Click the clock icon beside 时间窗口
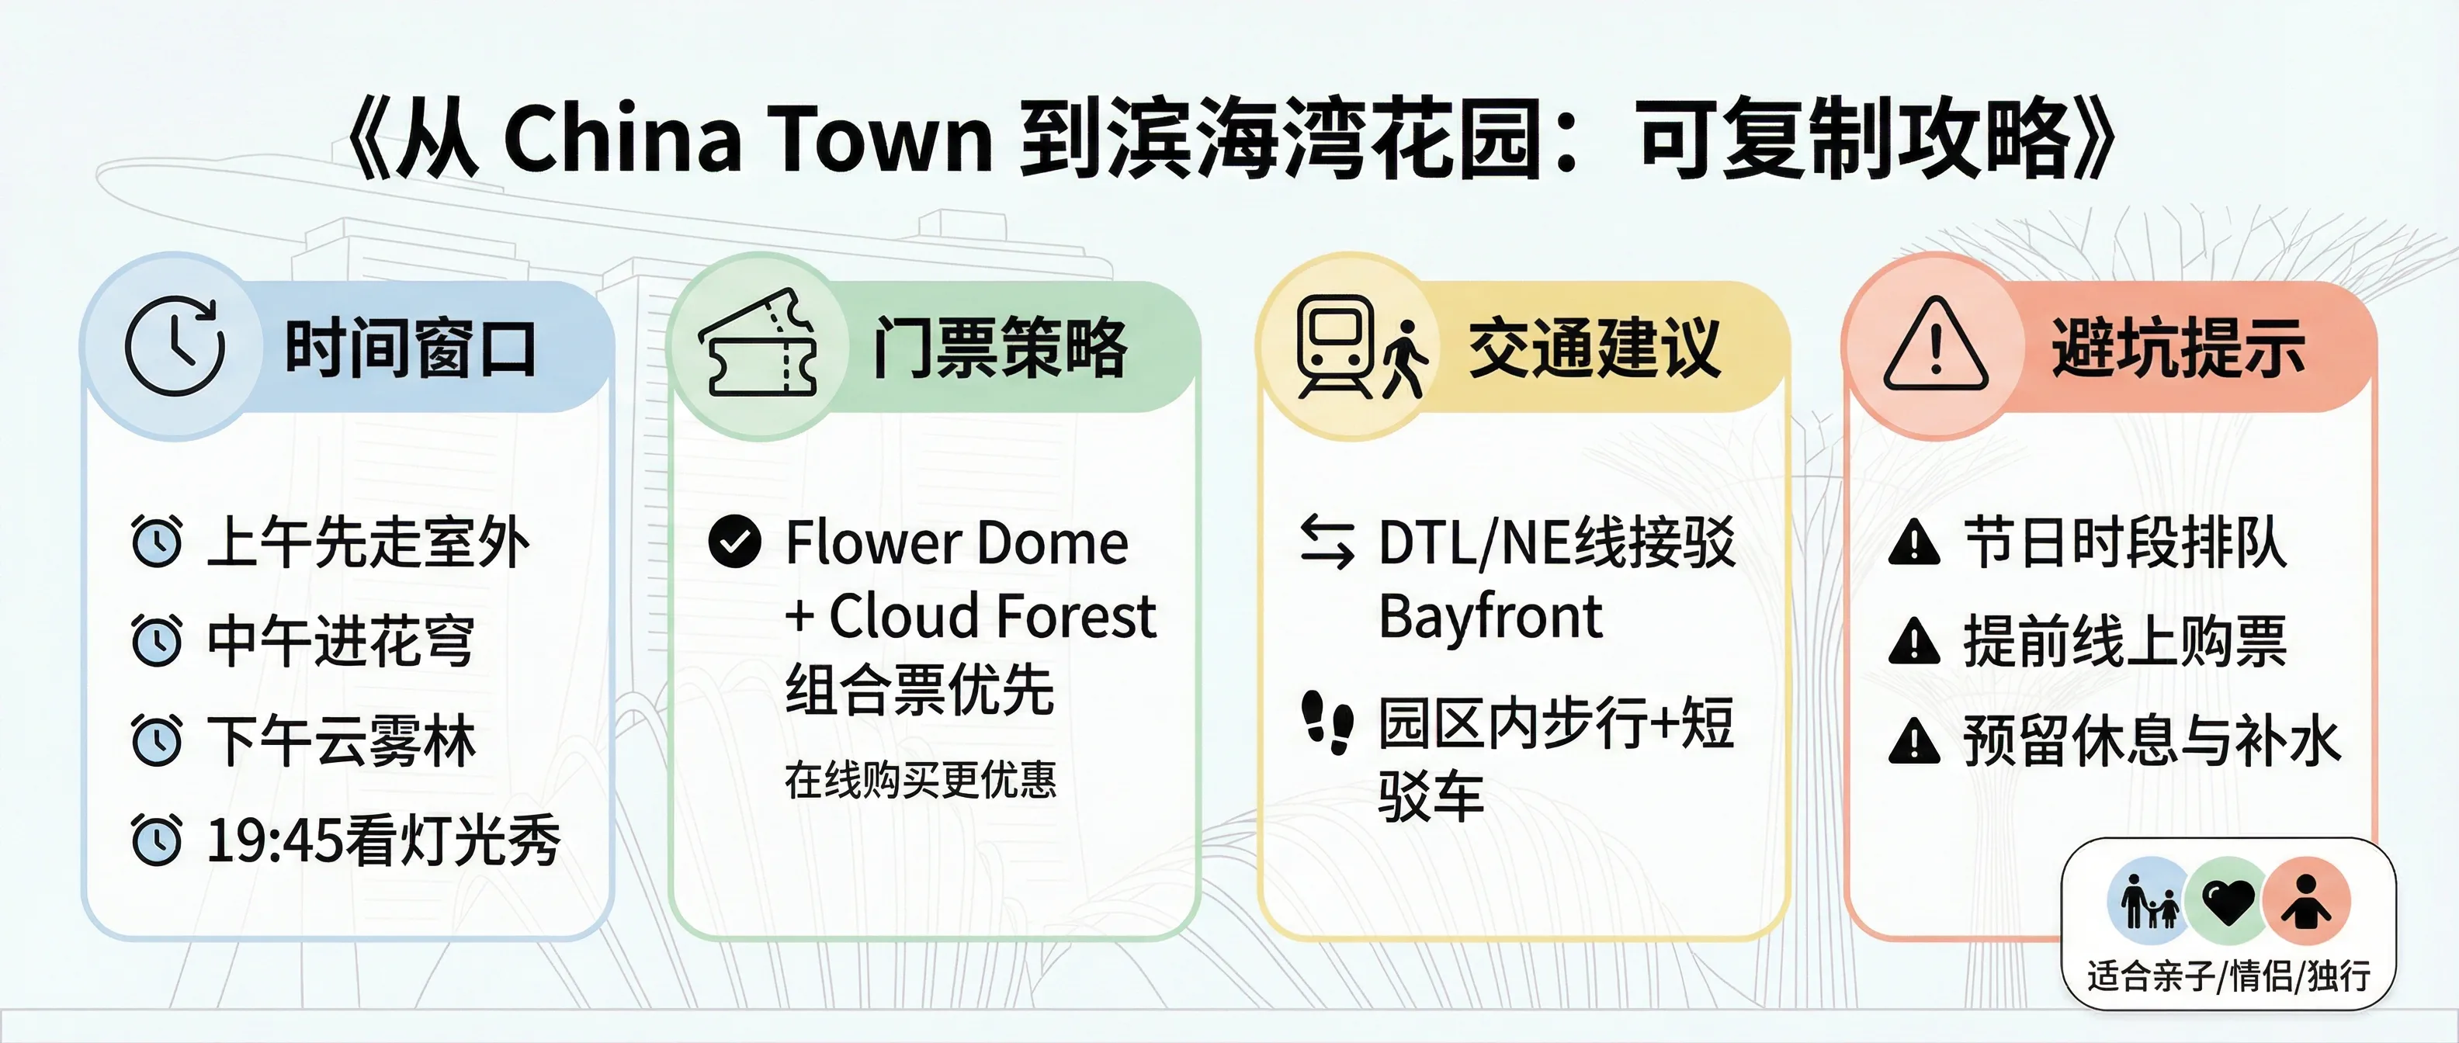[x=175, y=345]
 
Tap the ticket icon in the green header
[x=759, y=345]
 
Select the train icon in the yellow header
[x=1334, y=345]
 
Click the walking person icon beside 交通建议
[x=1404, y=359]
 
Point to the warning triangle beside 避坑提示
[x=1935, y=345]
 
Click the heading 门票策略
[x=1000, y=348]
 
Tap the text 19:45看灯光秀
[x=383, y=840]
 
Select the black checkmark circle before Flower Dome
[x=735, y=541]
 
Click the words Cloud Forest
[x=992, y=615]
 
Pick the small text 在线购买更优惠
[x=921, y=780]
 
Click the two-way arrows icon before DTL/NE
[x=1327, y=541]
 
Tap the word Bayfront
[x=1490, y=616]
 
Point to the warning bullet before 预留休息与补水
[x=1914, y=741]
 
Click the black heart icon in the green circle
[x=2227, y=901]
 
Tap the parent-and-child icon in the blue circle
[x=2149, y=901]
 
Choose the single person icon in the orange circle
[x=2305, y=901]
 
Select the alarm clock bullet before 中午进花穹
[x=157, y=640]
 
